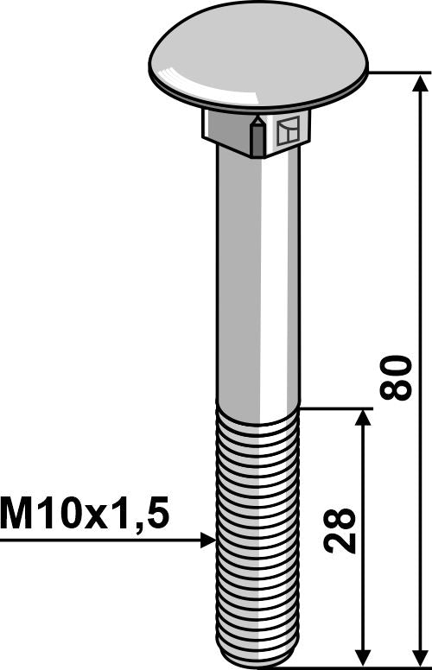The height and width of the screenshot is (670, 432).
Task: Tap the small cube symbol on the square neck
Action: pyautogui.click(x=289, y=130)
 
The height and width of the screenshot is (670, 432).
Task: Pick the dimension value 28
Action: pyautogui.click(x=342, y=532)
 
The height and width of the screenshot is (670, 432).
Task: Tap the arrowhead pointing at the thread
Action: pyautogui.click(x=207, y=540)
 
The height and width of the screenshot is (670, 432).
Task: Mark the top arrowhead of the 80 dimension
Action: pyautogui.click(x=421, y=83)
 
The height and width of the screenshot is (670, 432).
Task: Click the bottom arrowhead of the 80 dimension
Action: pyautogui.click(x=421, y=657)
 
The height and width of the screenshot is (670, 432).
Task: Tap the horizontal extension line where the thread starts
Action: pyautogui.click(x=337, y=408)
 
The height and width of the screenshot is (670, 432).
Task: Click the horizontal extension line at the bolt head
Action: pyautogui.click(x=397, y=73)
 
